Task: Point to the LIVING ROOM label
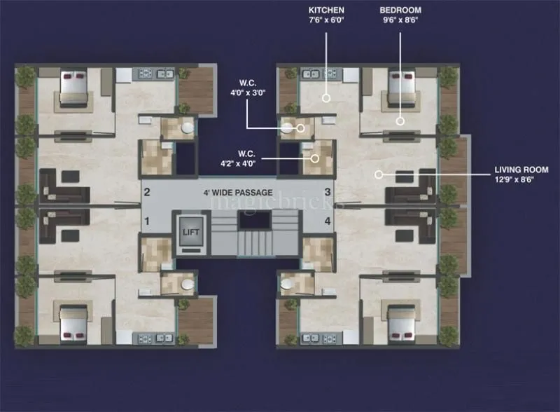pyautogui.click(x=521, y=170)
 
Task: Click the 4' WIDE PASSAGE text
pyautogui.click(x=239, y=192)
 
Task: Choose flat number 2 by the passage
pyautogui.click(x=147, y=192)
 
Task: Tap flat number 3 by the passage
pyautogui.click(x=327, y=192)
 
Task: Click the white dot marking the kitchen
pyautogui.click(x=326, y=98)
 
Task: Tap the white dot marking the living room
pyautogui.click(x=379, y=174)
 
